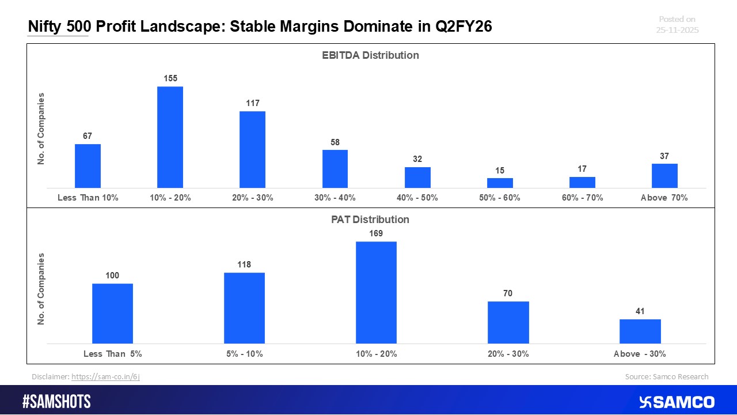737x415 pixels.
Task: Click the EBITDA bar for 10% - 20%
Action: [x=170, y=137]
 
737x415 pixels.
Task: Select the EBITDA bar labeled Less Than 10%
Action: [x=88, y=166]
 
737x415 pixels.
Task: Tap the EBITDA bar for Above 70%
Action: [x=664, y=176]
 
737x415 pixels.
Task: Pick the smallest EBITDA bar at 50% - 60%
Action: [x=499, y=183]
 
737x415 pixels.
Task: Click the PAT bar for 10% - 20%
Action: [x=376, y=292]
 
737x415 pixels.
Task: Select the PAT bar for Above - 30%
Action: [x=640, y=331]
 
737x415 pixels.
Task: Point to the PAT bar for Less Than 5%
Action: [x=112, y=314]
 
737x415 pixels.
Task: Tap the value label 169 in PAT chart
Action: [x=376, y=233]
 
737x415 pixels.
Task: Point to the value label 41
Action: [x=640, y=311]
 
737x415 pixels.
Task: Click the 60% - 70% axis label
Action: [x=582, y=198]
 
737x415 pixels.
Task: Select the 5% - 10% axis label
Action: [x=244, y=354]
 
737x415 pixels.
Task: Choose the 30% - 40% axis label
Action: [x=335, y=198]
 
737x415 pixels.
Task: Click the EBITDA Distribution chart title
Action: [x=370, y=55]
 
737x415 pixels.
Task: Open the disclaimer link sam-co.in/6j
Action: [x=105, y=377]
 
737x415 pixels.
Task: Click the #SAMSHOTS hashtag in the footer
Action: [x=56, y=402]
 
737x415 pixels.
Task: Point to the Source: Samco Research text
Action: [x=666, y=377]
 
